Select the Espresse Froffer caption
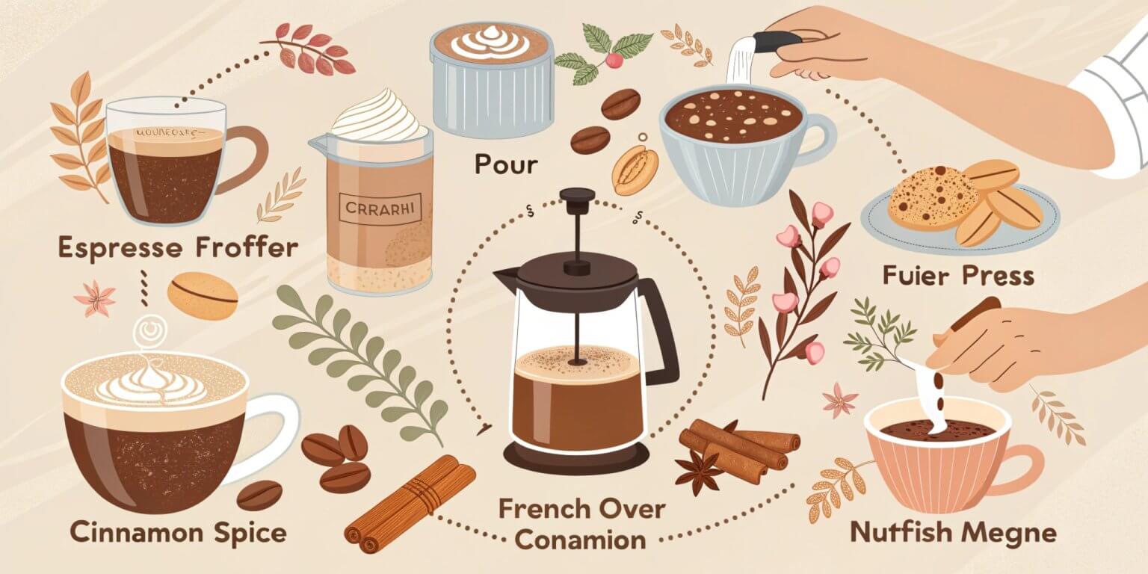point(177,248)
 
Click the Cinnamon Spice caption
point(178,532)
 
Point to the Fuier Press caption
point(958,276)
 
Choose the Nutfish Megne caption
point(954,532)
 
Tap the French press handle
point(660,329)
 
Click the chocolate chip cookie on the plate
point(933,197)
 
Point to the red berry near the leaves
point(614,61)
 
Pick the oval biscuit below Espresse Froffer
point(202,296)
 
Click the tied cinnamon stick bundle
point(411,503)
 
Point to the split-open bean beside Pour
point(634,170)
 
